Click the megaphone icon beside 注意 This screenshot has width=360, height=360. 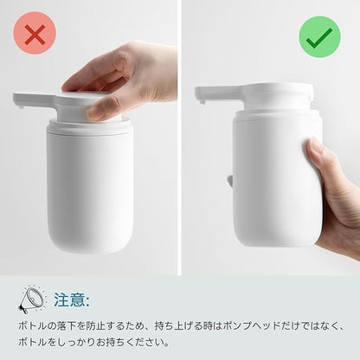(32, 299)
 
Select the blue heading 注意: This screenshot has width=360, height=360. (72, 300)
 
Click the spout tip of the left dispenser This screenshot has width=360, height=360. (20, 107)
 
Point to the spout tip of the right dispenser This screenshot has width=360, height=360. (202, 101)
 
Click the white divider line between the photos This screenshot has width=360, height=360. (179, 138)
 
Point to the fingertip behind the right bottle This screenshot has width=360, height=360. (230, 181)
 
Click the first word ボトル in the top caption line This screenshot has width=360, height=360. (33, 326)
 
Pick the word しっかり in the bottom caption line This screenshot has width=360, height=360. (76, 343)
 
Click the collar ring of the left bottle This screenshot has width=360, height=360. (89, 126)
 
